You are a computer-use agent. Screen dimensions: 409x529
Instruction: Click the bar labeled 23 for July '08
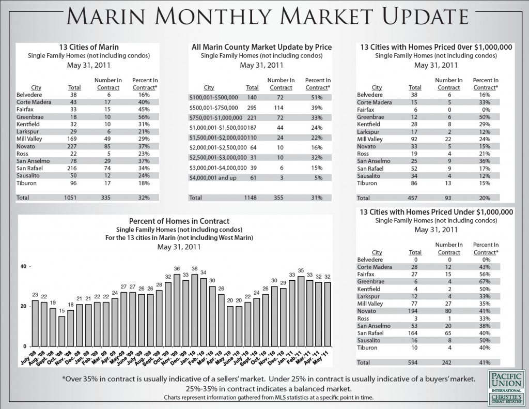tap(35, 323)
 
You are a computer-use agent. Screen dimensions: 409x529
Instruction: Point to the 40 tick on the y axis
tap(23, 266)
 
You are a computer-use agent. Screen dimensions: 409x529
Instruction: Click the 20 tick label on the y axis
tap(23, 306)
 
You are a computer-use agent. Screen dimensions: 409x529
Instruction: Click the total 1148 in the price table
tap(251, 198)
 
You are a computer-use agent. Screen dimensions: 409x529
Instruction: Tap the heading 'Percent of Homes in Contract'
tap(179, 221)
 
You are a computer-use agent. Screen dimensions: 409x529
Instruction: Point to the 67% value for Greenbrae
tap(486, 281)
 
